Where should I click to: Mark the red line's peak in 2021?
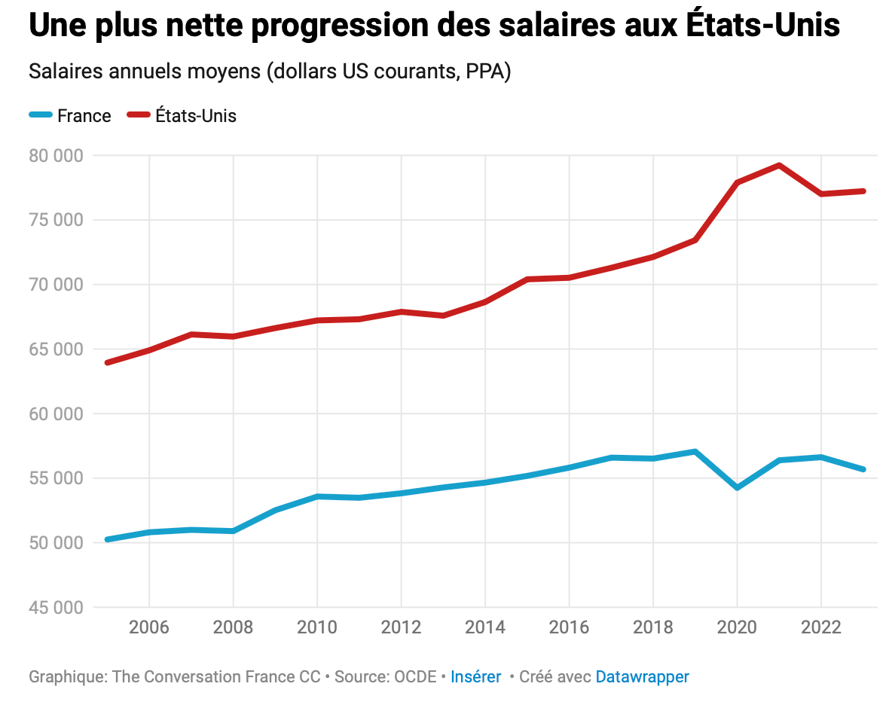(x=779, y=165)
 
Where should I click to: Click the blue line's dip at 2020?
(x=737, y=488)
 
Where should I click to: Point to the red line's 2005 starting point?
(x=108, y=362)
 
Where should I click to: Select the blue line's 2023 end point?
(x=863, y=469)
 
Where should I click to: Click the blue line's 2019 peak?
(x=695, y=452)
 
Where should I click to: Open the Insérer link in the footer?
(x=475, y=676)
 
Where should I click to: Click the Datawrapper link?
(x=642, y=676)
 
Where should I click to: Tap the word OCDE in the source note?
(x=415, y=676)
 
